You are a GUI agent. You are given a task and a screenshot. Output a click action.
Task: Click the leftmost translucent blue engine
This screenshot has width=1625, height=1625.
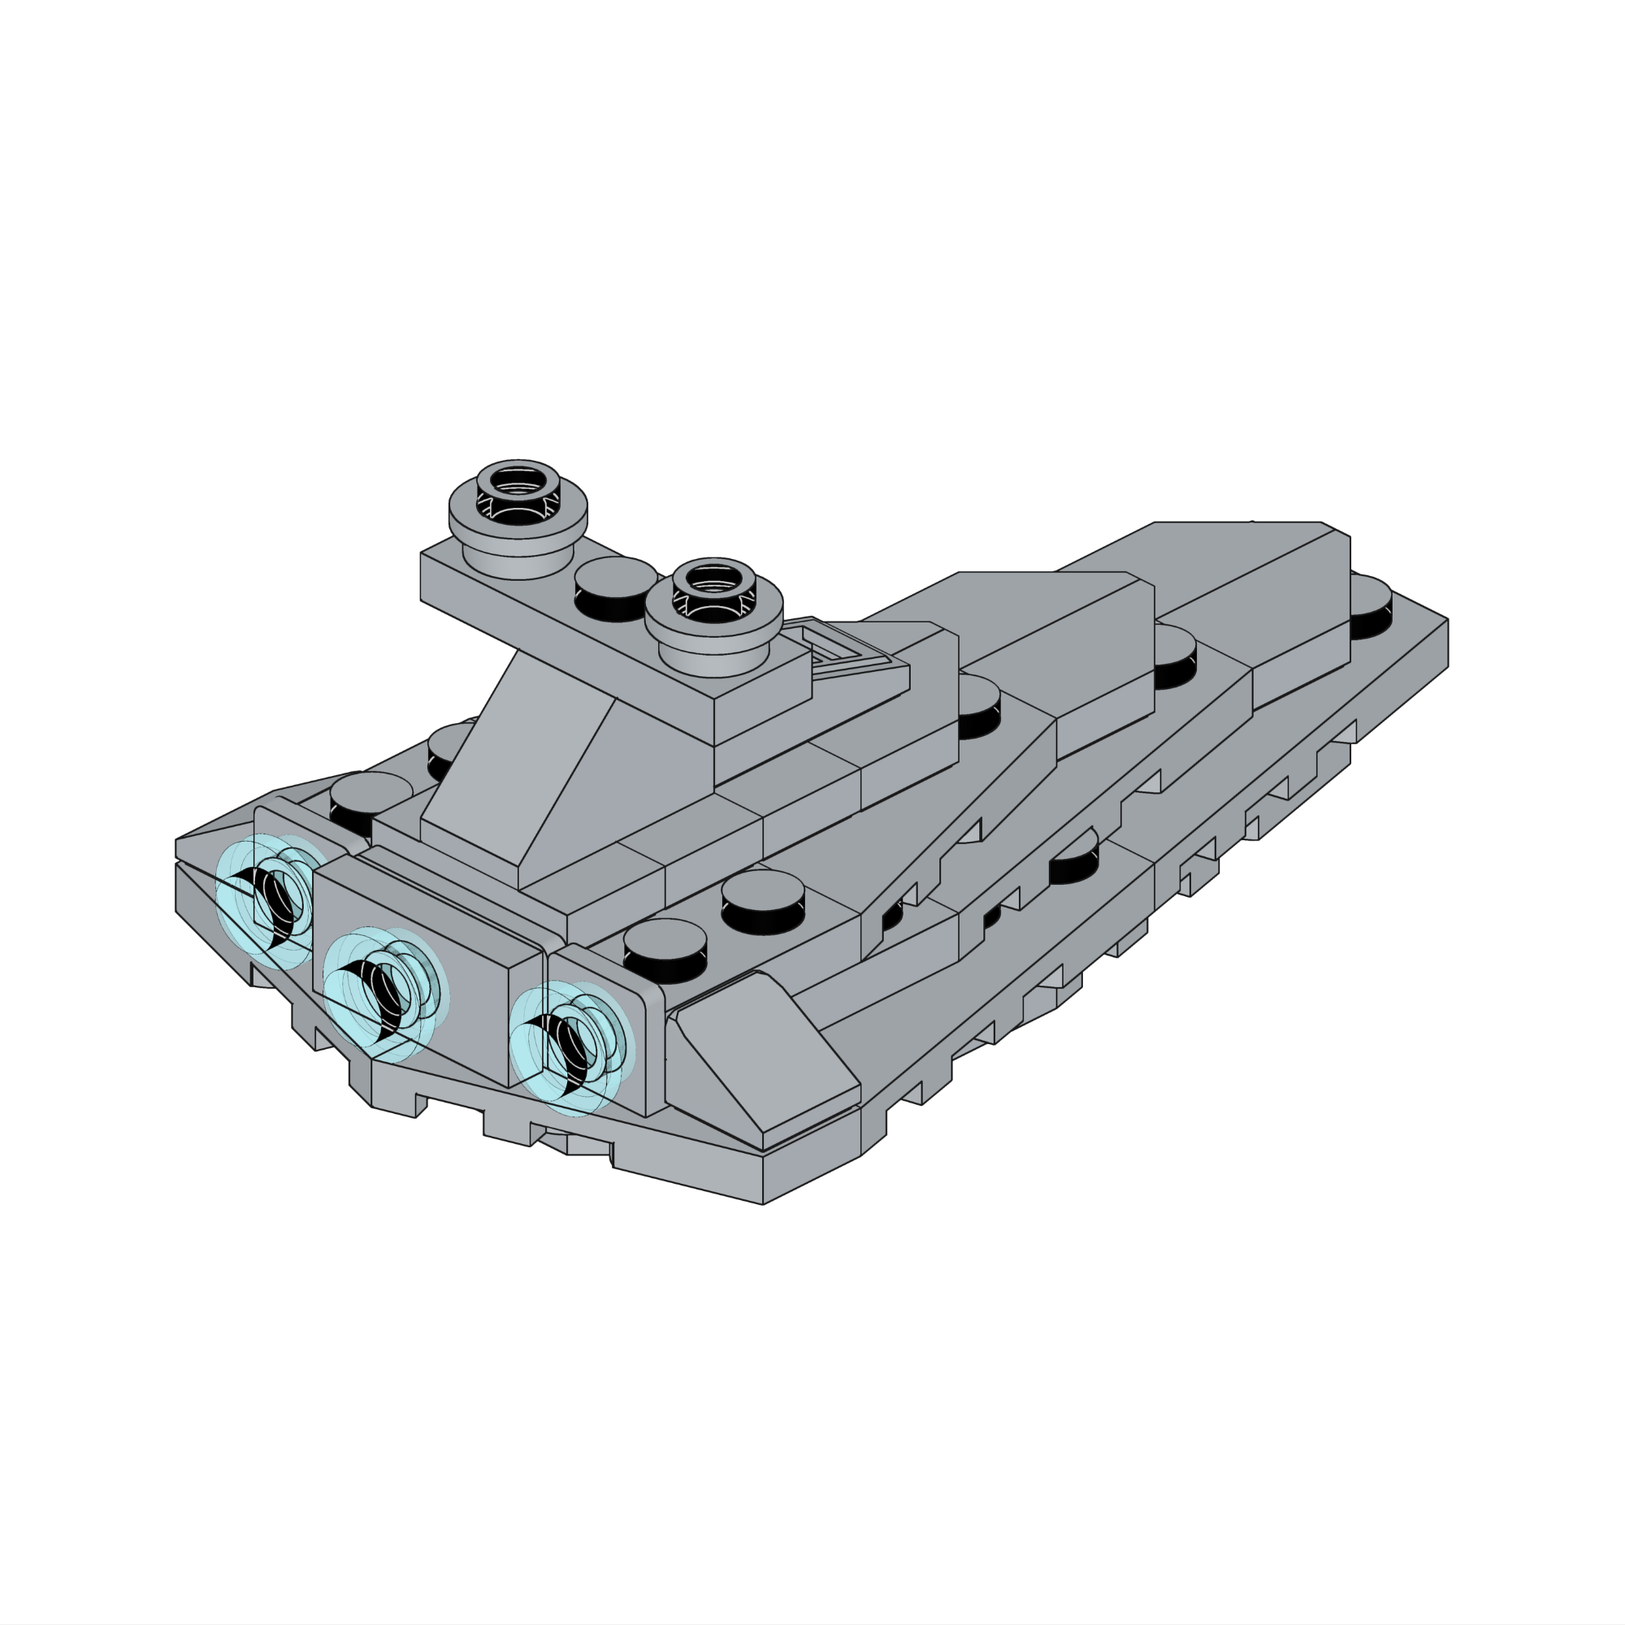267,900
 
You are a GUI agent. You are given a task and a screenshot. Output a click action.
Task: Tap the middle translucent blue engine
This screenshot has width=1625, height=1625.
383,994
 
